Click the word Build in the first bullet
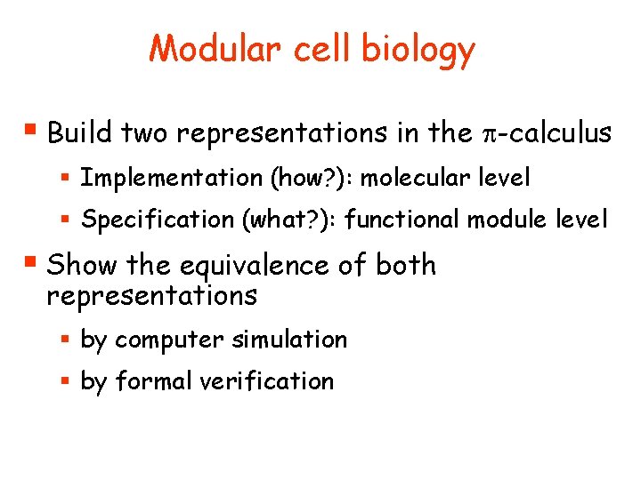[x=79, y=133]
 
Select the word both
[x=406, y=265]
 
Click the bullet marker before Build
[x=32, y=132]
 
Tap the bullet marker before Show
[x=32, y=264]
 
